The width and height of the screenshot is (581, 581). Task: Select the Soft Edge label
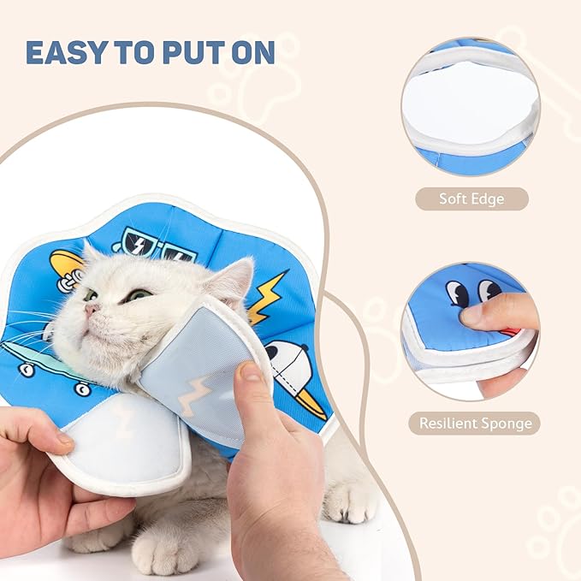coord(471,199)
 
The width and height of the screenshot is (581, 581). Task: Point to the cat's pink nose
coord(89,310)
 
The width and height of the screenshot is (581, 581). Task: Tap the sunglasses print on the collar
coord(154,244)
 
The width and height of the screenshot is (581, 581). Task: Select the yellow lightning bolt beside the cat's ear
coord(269,296)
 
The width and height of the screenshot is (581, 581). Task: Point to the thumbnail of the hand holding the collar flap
coord(251,372)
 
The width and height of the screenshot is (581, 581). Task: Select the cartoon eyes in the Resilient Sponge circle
coord(473,293)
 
